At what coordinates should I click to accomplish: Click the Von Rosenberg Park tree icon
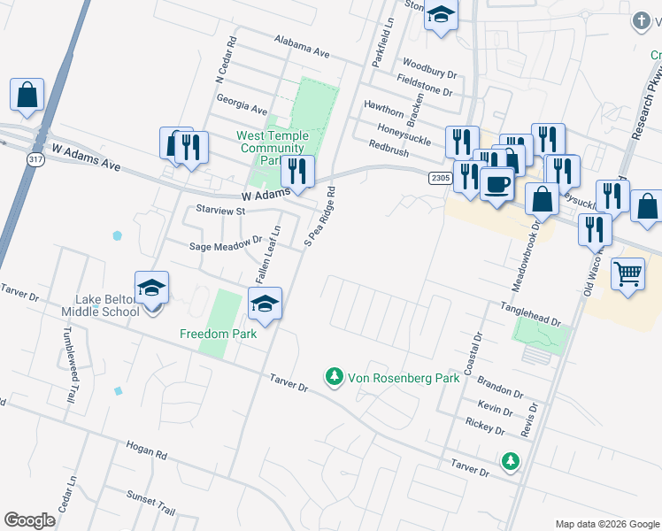[x=334, y=378]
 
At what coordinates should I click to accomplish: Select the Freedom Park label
[x=218, y=334]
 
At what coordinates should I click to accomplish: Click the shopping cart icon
[x=627, y=273]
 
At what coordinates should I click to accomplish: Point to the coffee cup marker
[x=497, y=185]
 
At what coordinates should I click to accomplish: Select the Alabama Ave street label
[x=301, y=48]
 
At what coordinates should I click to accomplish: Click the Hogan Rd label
[x=146, y=451]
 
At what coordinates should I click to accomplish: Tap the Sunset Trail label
[x=150, y=502]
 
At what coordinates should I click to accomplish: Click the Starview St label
[x=219, y=212]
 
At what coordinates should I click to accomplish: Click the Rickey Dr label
[x=484, y=428]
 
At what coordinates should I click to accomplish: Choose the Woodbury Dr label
[x=428, y=69]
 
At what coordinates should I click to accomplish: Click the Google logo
[x=29, y=520]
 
